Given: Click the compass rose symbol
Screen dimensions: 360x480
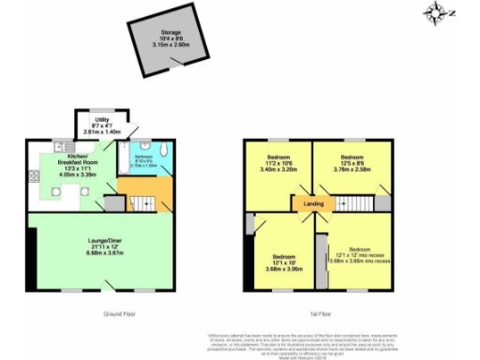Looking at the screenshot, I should pos(437,12).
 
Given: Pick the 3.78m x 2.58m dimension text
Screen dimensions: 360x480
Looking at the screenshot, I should pos(352,170).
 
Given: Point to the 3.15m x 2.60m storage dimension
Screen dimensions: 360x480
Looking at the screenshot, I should pos(171,42).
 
